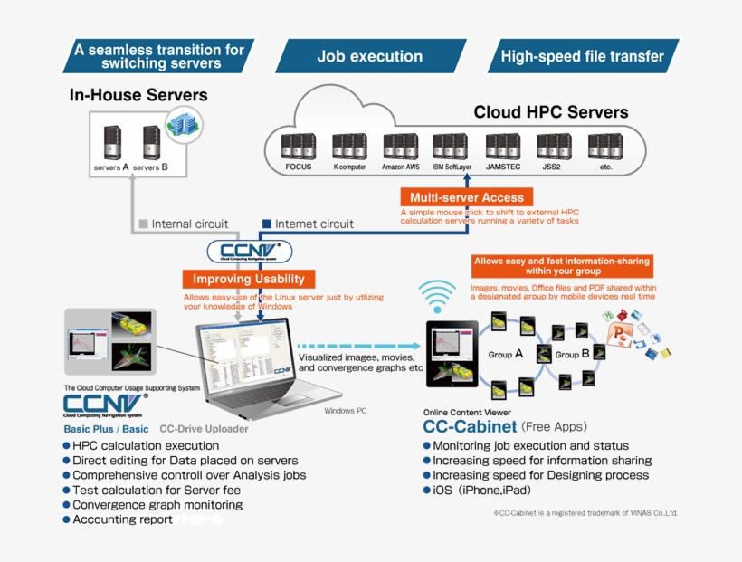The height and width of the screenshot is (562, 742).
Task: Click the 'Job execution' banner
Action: tap(369, 56)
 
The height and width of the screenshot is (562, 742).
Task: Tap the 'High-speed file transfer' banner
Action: tap(582, 56)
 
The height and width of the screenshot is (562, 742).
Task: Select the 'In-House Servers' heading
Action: tap(138, 95)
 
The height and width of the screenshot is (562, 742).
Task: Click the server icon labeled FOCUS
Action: tap(298, 147)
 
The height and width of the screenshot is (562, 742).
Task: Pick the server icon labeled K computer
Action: tap(348, 147)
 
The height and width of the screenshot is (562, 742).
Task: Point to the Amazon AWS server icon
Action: tap(400, 147)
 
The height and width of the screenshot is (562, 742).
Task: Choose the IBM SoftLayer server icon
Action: tap(450, 147)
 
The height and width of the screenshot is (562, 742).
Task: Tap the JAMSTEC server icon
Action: tap(502, 147)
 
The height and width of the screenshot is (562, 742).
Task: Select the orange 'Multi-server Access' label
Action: tap(466, 197)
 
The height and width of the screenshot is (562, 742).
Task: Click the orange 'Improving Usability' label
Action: tap(249, 279)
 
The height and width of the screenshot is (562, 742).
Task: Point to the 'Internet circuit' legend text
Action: tap(314, 224)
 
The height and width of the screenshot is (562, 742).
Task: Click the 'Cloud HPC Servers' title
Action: tap(550, 112)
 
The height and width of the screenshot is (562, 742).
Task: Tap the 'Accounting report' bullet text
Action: tap(122, 519)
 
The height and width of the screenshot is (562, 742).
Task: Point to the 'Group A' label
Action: tap(506, 355)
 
